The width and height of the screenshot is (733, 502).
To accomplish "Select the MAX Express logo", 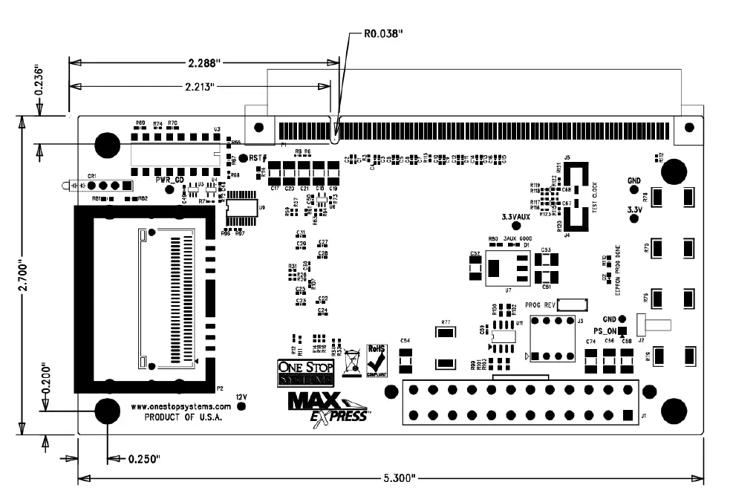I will (x=328, y=406).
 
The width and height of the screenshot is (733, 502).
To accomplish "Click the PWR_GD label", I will (x=169, y=180).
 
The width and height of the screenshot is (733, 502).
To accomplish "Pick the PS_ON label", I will (x=605, y=330).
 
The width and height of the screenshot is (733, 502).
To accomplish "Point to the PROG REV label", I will (x=540, y=304).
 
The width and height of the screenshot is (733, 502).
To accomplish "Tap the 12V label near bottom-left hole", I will (x=241, y=398).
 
